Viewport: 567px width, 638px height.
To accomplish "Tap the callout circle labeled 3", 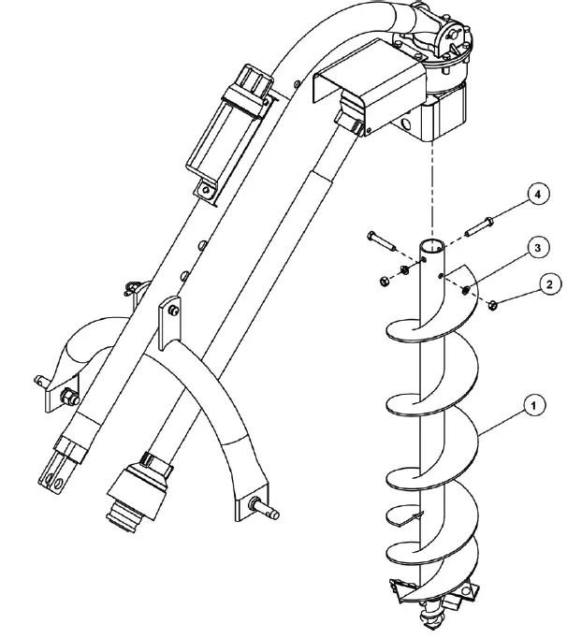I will [533, 247].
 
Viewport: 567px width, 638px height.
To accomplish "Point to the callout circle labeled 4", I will [535, 195].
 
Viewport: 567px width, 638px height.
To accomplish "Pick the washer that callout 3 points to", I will [465, 290].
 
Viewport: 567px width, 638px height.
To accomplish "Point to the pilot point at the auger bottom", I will [431, 617].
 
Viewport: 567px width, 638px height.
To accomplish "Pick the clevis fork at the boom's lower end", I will [57, 468].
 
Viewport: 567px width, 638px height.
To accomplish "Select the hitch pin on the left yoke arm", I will [44, 380].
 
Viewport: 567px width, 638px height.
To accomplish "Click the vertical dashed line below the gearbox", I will [431, 187].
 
